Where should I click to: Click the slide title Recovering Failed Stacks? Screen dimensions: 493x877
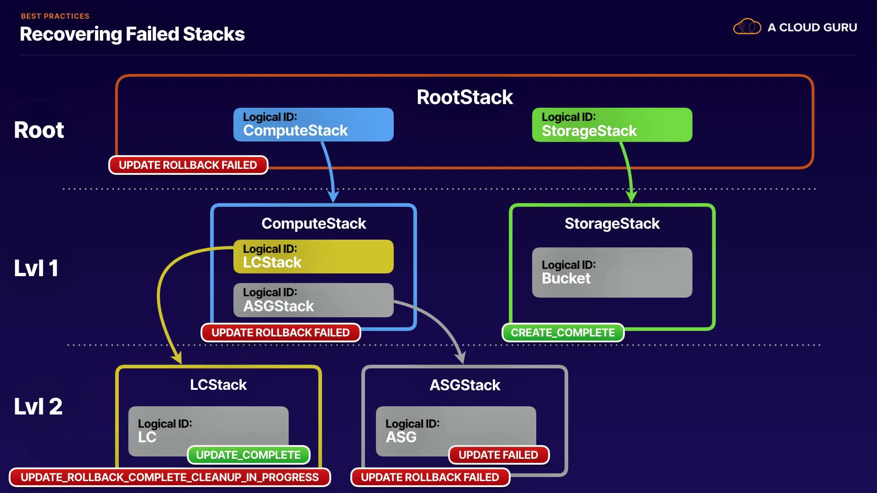[x=132, y=34]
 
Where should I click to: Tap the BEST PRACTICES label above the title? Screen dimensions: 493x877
[x=55, y=16]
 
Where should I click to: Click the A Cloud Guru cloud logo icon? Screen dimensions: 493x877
[x=747, y=27]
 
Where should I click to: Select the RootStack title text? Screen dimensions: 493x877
[x=465, y=97]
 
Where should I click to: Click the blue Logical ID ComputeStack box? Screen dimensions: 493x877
[x=313, y=125]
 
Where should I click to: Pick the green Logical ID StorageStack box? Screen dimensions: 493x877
[x=612, y=125]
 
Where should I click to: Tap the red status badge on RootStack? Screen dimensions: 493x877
[x=188, y=165]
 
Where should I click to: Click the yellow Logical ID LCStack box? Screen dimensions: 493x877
[x=313, y=257]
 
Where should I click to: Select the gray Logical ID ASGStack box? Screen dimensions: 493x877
[x=313, y=300]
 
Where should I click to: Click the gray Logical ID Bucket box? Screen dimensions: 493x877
[x=612, y=273]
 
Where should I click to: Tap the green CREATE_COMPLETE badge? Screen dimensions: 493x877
[x=563, y=333]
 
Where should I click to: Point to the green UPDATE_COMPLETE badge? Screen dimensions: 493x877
[x=248, y=455]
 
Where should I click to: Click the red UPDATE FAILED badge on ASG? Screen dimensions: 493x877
[x=498, y=455]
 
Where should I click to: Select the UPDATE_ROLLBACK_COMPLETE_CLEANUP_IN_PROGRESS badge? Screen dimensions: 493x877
[x=169, y=477]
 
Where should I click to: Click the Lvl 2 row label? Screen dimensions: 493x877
[x=38, y=406]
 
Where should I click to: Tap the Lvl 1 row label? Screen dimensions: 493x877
[x=36, y=268]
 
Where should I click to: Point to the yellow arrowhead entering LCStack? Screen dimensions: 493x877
[x=177, y=357]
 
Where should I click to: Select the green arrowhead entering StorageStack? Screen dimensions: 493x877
[x=631, y=196]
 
